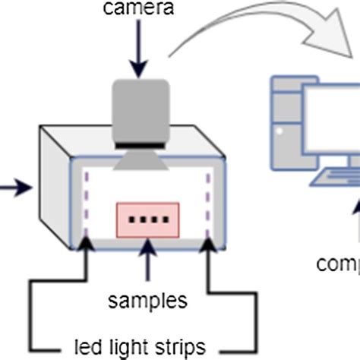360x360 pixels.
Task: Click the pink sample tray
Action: coord(147,219)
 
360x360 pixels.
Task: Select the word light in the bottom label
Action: coord(139,347)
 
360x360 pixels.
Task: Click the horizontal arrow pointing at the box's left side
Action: coord(15,185)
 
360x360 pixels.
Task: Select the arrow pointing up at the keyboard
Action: coord(355,220)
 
